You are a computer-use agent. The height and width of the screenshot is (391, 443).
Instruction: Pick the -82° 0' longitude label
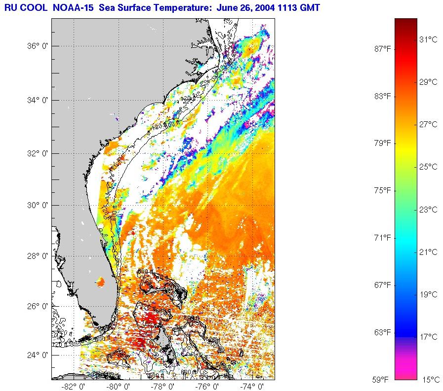pos(71,386)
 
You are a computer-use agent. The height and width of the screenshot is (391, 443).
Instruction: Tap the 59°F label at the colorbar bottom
pos(383,380)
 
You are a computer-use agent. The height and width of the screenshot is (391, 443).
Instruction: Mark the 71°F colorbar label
pos(383,238)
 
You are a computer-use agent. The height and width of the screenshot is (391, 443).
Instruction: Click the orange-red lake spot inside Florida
pos(100,282)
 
